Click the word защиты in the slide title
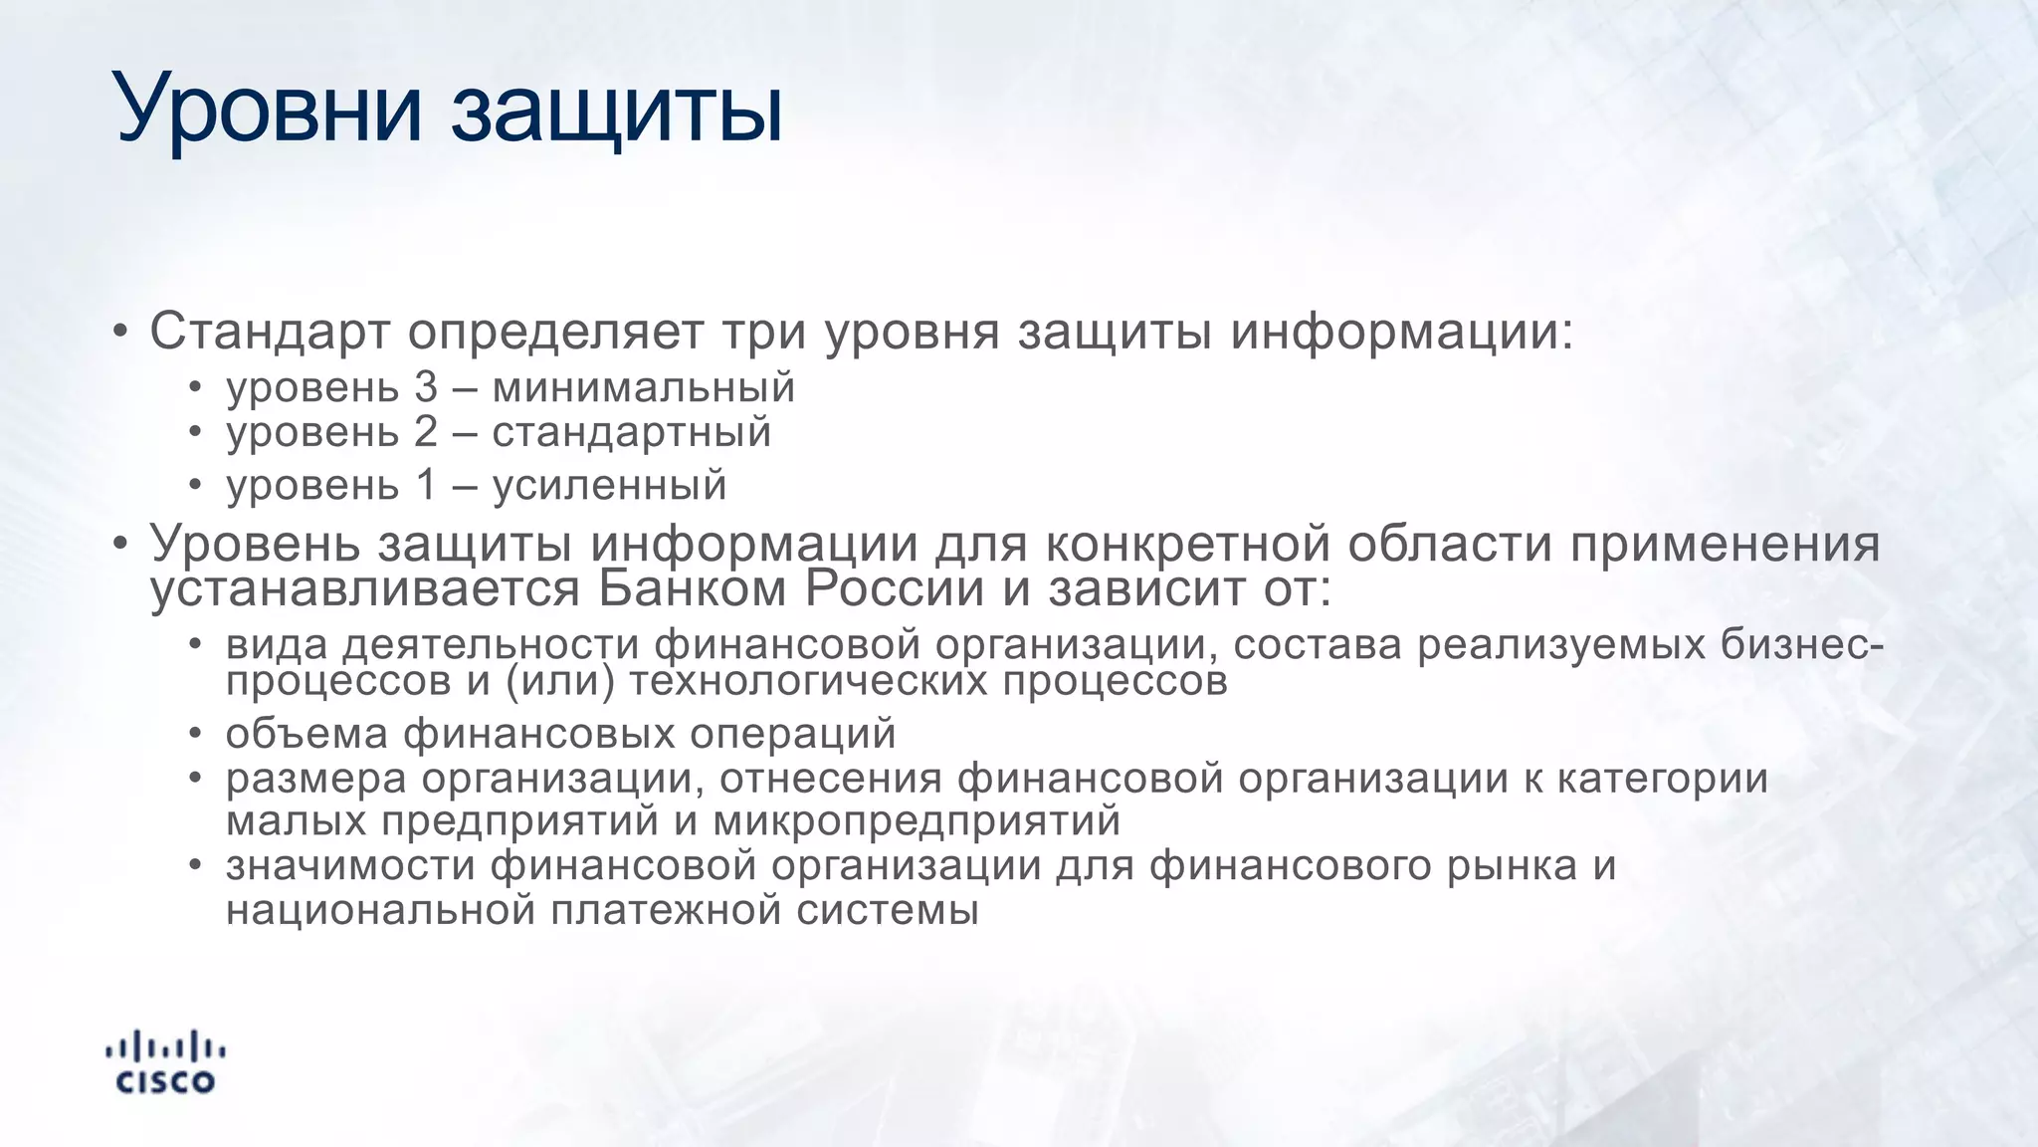(617, 112)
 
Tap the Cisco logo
(165, 1062)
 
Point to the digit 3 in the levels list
(426, 387)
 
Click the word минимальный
(644, 387)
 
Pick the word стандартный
(632, 433)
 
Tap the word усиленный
(609, 485)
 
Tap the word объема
(306, 734)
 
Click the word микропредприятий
(917, 821)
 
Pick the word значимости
(350, 865)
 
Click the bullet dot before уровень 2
(196, 432)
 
